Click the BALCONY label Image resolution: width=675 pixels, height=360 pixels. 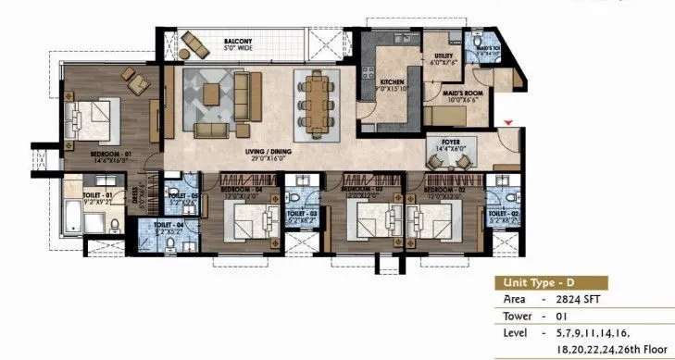242,43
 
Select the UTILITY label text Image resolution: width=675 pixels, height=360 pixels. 443,57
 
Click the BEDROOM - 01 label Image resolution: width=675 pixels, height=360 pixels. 110,154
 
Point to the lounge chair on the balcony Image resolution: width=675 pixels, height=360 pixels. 196,42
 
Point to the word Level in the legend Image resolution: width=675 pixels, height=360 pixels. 517,331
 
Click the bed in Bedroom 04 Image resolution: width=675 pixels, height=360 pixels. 249,223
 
